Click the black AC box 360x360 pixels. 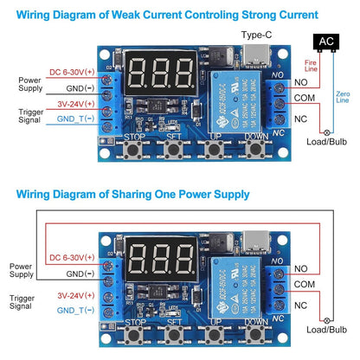pos(325,40)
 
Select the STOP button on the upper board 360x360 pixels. pos(133,148)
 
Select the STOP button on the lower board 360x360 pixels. pos(133,332)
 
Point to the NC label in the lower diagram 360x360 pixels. pos(299,305)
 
